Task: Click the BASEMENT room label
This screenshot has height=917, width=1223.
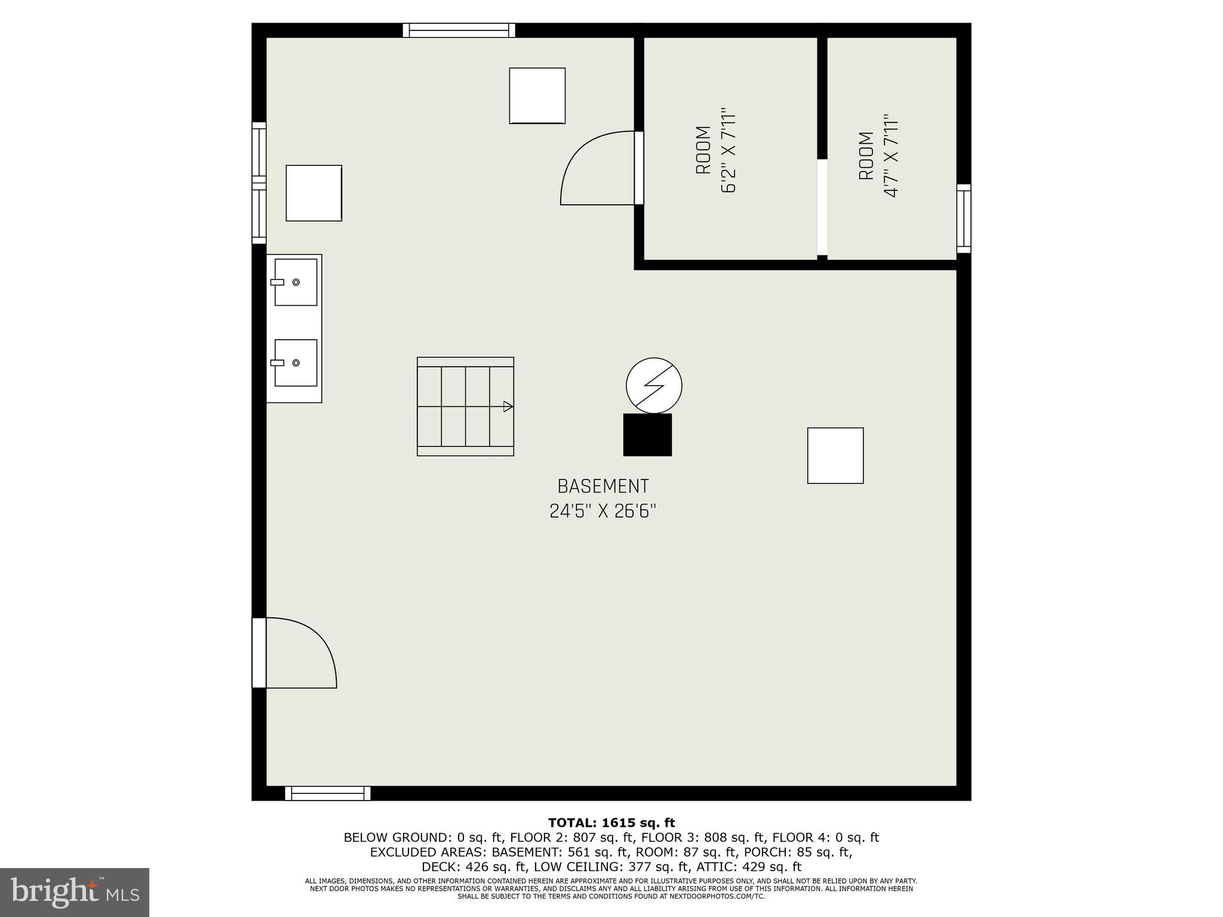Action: [603, 487]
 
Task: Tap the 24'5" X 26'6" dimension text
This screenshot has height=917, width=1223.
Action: [603, 512]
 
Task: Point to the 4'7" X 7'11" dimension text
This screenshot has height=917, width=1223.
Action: [891, 156]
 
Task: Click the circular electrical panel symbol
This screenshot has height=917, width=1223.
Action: [654, 385]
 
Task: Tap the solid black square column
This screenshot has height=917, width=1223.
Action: [647, 435]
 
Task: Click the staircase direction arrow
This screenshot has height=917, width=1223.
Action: [508, 407]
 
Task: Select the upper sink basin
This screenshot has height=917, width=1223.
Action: [296, 282]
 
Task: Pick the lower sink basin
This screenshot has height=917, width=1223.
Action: [296, 362]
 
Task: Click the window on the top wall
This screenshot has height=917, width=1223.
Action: [459, 30]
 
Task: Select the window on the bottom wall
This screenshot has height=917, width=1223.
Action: [327, 793]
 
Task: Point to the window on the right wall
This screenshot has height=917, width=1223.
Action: [964, 219]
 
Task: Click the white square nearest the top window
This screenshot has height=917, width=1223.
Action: [537, 96]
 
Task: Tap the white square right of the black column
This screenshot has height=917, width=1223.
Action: [835, 456]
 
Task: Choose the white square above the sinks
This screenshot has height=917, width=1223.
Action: [314, 193]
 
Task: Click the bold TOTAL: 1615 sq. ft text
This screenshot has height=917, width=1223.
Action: [611, 823]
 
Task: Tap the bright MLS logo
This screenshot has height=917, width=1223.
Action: [75, 893]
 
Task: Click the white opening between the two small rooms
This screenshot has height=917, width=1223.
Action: [822, 207]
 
